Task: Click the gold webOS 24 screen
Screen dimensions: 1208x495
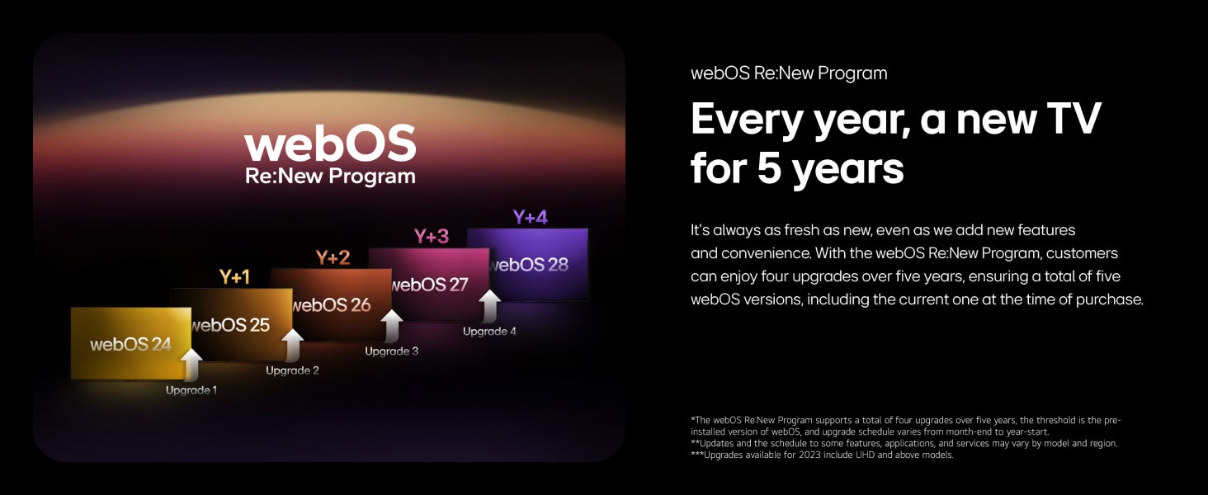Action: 131,343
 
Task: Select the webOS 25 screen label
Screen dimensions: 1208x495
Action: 231,325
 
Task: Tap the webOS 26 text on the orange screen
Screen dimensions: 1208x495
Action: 332,305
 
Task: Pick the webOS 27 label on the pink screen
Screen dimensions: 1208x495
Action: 430,285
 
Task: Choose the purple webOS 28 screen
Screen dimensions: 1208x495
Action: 527,264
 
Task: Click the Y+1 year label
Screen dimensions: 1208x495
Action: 234,277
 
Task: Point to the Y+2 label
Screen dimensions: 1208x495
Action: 333,257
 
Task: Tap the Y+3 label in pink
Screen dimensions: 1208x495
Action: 432,236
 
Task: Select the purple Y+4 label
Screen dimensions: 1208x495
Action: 530,217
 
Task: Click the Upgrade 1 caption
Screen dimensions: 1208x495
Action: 191,390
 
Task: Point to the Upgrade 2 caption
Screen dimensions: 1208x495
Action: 292,370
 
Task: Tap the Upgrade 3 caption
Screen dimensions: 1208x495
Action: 391,351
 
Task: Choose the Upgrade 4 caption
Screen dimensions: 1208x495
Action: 489,331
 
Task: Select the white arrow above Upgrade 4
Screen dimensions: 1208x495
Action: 489,306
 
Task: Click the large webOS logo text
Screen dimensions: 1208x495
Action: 330,143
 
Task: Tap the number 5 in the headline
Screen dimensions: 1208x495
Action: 770,167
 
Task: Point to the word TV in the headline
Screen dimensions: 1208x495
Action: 1074,118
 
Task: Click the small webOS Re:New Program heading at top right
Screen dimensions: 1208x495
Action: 789,73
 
